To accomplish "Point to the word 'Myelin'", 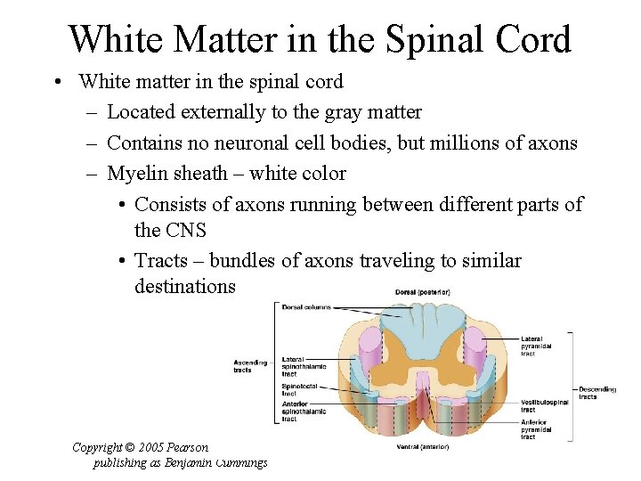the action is click(x=137, y=173).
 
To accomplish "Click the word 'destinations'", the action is click(x=185, y=286).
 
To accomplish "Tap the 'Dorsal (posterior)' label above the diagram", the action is click(x=423, y=292).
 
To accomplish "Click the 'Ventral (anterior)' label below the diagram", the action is click(x=422, y=445).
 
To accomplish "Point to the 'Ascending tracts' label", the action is click(x=248, y=366).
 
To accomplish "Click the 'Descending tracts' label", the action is click(x=597, y=393).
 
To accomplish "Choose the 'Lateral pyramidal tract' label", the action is click(x=537, y=346).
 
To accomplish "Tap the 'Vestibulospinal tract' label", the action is click(x=545, y=407).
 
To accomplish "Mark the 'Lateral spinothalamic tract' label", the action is click(x=304, y=366).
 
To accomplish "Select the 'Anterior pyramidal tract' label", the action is click(x=538, y=429).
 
